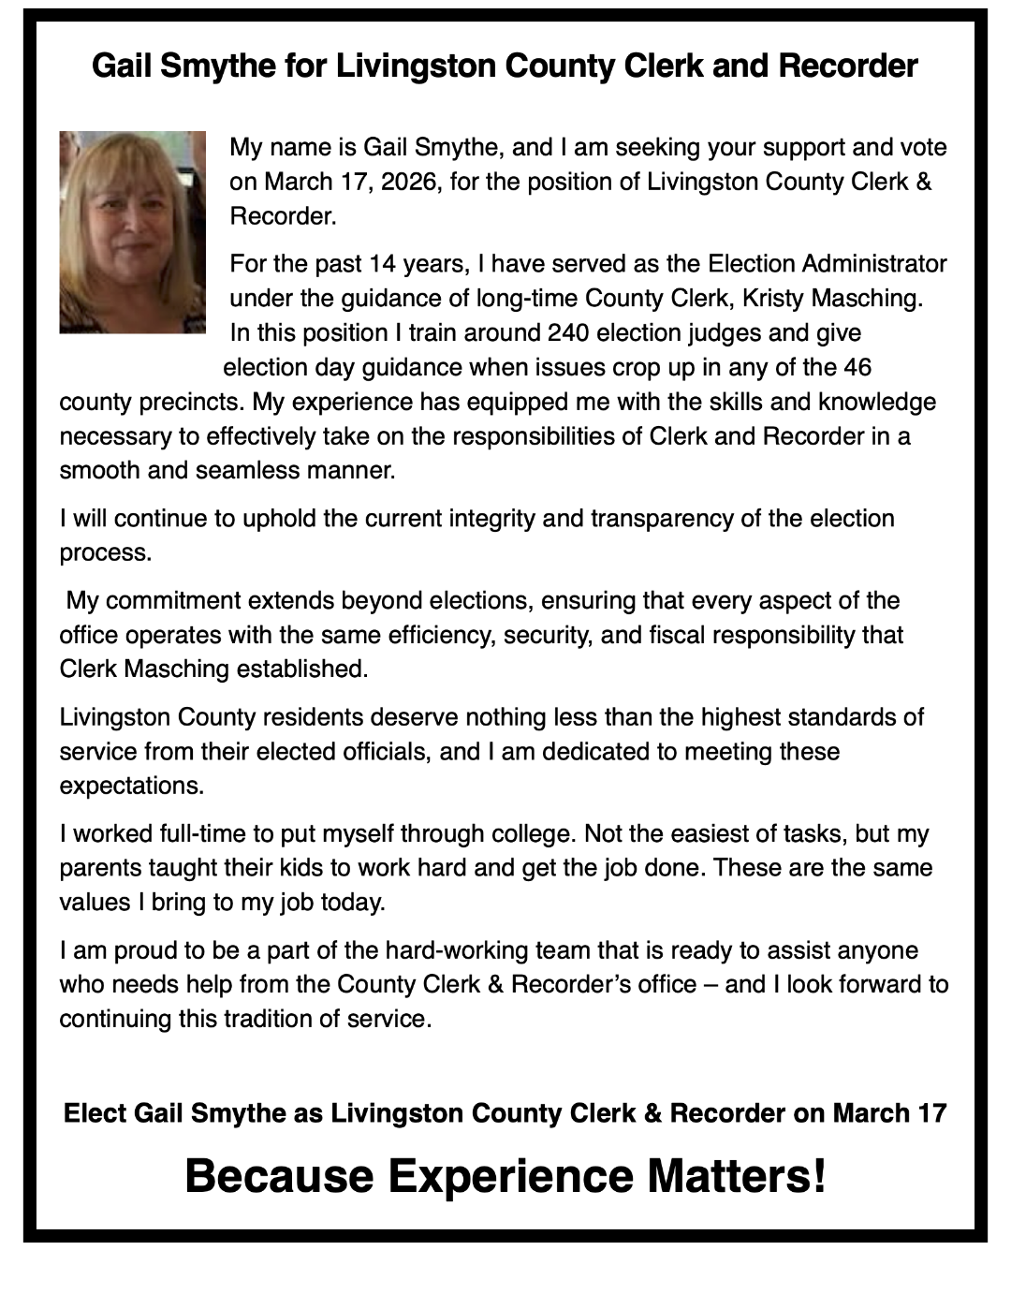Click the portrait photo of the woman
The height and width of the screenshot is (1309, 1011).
[x=132, y=232]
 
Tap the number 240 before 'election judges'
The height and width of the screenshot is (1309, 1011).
[x=568, y=333]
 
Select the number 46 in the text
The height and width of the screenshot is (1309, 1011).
[x=857, y=367]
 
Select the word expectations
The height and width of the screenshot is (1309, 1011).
[x=131, y=786]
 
